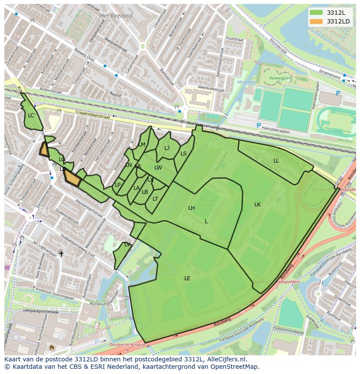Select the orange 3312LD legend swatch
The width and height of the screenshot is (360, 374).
coord(317,21)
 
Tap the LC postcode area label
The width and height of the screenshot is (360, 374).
coord(31,116)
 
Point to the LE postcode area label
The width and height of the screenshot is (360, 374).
coord(187,278)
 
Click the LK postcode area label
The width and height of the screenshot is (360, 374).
coord(257,205)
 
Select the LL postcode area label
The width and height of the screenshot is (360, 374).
coord(276,161)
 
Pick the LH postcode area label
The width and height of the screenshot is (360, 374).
coord(191,208)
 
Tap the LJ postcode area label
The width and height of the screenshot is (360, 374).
coord(167,148)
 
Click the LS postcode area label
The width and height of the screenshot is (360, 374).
coord(183,154)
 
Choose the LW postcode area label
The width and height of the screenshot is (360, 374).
coord(158,168)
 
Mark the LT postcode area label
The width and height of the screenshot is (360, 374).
coord(155,199)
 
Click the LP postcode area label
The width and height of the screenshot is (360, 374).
coord(117,185)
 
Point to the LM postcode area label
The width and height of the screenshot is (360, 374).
coord(142,145)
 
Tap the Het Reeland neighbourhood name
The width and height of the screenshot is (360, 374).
coord(116,16)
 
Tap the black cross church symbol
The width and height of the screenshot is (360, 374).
coord(61,254)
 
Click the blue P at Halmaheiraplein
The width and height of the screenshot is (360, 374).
coord(259,126)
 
